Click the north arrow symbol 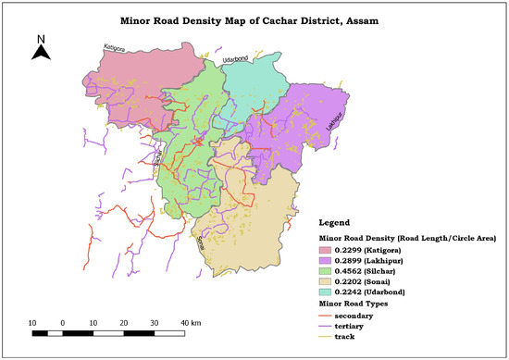pyautogui.click(x=40, y=53)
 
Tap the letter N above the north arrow pyautogui.click(x=40, y=39)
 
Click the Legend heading pyautogui.click(x=337, y=223)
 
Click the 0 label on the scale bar pyautogui.click(x=63, y=321)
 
